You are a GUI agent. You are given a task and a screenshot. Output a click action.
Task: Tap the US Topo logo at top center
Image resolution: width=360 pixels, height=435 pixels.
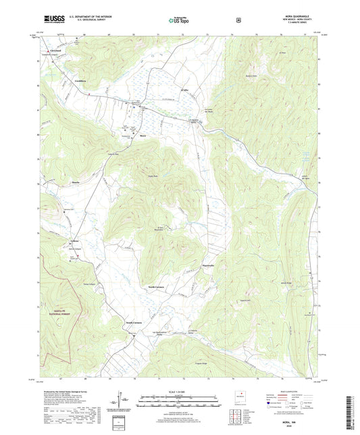(x=179, y=20)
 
